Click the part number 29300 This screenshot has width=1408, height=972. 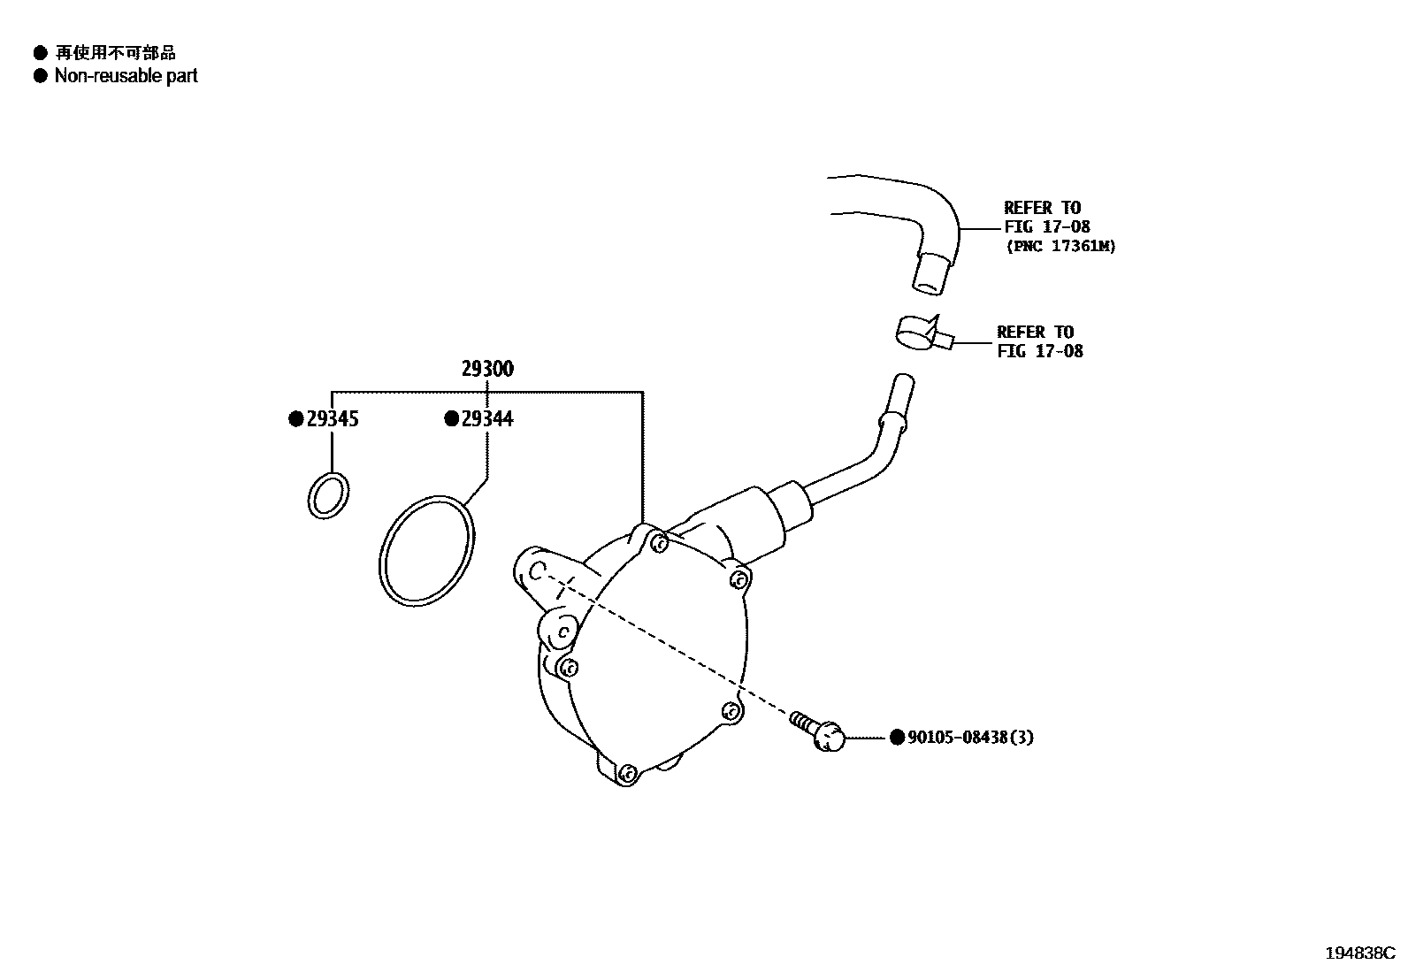tap(486, 369)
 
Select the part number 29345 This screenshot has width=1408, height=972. tap(333, 419)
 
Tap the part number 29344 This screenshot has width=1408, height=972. tap(487, 419)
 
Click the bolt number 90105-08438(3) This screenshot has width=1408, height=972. tap(970, 737)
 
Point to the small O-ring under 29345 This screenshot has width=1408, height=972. tap(328, 495)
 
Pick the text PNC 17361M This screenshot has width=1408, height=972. tap(1060, 247)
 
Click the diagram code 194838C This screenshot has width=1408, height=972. tap(1358, 953)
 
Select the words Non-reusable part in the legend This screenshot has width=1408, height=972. tap(126, 76)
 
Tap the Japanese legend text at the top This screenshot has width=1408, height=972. tap(115, 53)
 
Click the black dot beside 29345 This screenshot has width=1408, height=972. tap(296, 419)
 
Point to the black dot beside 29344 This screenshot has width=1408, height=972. tap(451, 419)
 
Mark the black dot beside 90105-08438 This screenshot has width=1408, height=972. tap(897, 737)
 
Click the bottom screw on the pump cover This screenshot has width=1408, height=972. tap(627, 774)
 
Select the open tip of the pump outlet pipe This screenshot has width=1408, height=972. tap(902, 383)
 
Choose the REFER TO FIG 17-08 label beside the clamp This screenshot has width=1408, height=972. tap(1039, 341)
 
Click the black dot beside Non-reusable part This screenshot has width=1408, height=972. tap(40, 76)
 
